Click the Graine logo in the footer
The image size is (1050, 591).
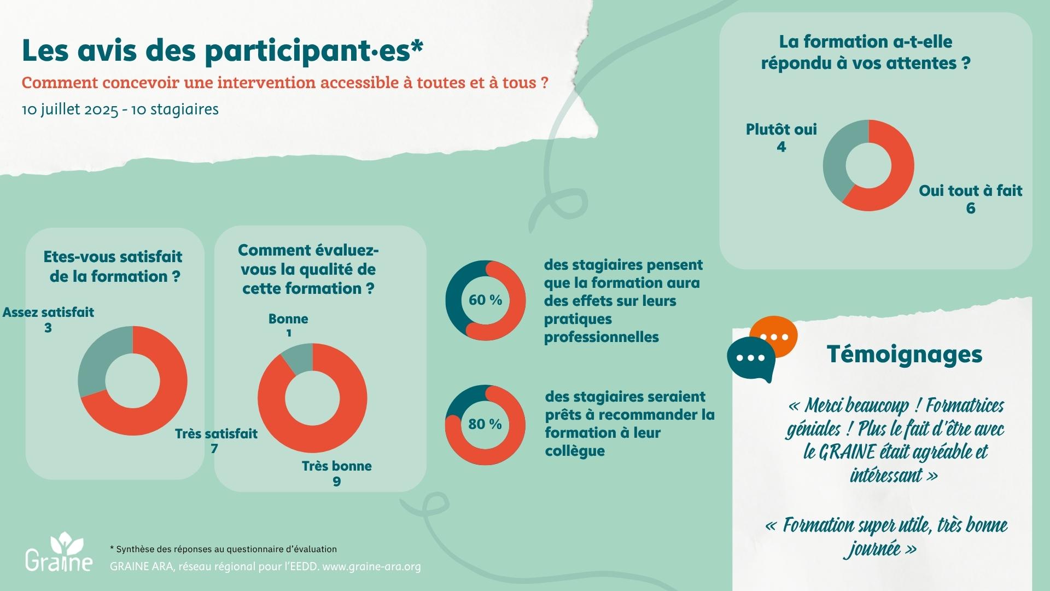coord(59,553)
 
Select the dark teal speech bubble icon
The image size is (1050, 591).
coord(750,359)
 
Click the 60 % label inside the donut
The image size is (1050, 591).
coord(485,300)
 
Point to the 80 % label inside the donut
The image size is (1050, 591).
coord(485,424)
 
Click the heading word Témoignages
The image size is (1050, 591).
coord(905,354)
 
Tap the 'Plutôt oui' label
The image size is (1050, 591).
coord(781,130)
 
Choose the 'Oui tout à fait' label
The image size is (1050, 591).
coord(970,191)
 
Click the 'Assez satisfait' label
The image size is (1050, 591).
coord(48,312)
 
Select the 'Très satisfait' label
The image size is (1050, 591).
coord(216,434)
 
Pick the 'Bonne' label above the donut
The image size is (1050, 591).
coord(288,319)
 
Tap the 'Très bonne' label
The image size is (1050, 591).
coord(336,466)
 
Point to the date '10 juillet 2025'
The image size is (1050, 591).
coord(70,109)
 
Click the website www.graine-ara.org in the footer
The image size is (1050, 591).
coord(371,566)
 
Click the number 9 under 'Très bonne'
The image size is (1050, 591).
coord(336,482)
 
